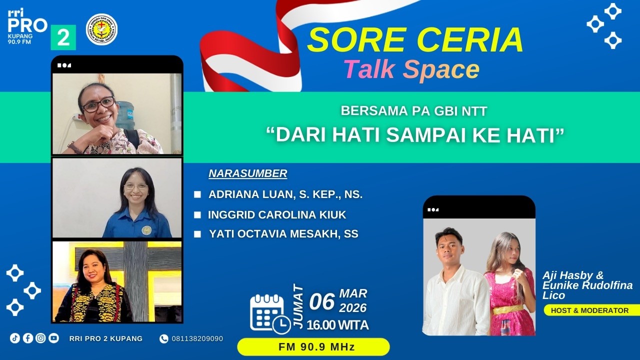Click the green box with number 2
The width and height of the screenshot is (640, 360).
point(63,37)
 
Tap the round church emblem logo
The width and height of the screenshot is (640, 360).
point(101,29)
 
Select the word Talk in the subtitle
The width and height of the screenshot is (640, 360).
point(369,69)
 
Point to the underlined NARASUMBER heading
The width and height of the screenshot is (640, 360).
point(248,173)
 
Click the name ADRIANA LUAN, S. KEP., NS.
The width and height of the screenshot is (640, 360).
point(285,194)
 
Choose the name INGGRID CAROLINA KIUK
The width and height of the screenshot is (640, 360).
point(277,215)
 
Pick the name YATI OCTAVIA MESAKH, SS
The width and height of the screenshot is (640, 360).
point(283,233)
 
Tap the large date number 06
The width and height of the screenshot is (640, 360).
point(322,302)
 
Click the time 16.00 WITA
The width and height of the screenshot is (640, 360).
point(338,325)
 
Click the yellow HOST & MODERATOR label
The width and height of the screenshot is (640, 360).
point(589,310)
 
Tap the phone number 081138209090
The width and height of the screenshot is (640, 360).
point(197,338)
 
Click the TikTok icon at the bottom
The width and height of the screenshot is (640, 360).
point(15,338)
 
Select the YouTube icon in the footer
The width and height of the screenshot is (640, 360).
point(53,338)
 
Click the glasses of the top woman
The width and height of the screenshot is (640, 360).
point(97,105)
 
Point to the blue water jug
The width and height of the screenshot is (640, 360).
point(125,114)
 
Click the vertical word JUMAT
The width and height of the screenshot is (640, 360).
point(298,305)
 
